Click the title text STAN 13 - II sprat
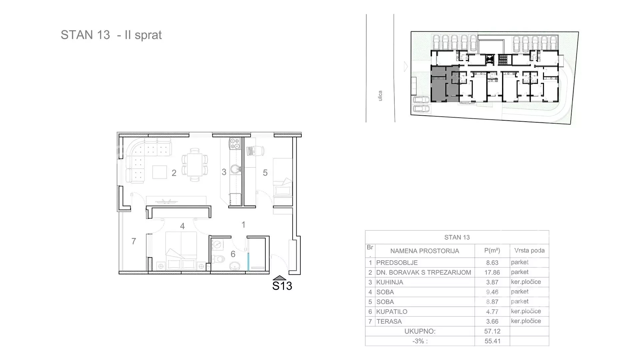pos(111,35)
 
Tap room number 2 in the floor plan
pos(174,173)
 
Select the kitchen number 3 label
pos(224,172)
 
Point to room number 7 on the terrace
pos(134,241)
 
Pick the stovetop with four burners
pos(235,144)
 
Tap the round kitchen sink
pos(235,169)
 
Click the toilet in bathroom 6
pos(219,258)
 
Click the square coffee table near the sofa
pos(160,172)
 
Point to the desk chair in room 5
pos(255,151)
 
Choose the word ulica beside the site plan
pos(380,96)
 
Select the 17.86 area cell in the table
pos(492,272)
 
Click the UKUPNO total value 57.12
pos(492,331)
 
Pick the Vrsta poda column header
pos(529,250)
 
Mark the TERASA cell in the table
pos(389,321)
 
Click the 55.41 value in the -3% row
pos(492,341)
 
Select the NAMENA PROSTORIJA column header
pos(425,251)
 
